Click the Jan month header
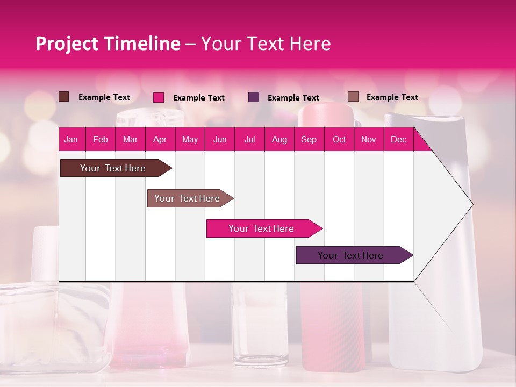[x=71, y=139]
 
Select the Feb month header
[x=101, y=139]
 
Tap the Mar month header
[x=130, y=139]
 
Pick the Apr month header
[x=160, y=139]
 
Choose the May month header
[x=190, y=139]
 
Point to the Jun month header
[x=220, y=139]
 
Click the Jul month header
[x=249, y=139]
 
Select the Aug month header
[x=279, y=139]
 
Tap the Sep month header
[x=309, y=139]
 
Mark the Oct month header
[x=339, y=139]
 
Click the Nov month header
[x=369, y=139]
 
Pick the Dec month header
[x=399, y=139]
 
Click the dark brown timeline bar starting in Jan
[x=113, y=168]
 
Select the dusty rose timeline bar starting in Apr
[x=187, y=198]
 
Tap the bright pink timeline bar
[x=261, y=228]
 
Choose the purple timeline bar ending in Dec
[x=350, y=255]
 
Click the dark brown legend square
[x=64, y=97]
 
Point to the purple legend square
[x=254, y=97]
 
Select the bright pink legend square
[x=159, y=97]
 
